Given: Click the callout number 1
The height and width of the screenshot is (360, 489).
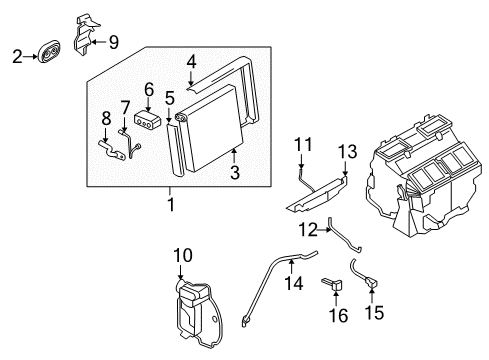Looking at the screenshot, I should point(171,205).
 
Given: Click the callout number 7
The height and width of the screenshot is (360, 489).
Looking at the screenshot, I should point(125,107).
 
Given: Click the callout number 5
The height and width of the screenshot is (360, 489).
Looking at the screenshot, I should point(169,98).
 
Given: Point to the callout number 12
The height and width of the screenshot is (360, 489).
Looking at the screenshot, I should point(310,229).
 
